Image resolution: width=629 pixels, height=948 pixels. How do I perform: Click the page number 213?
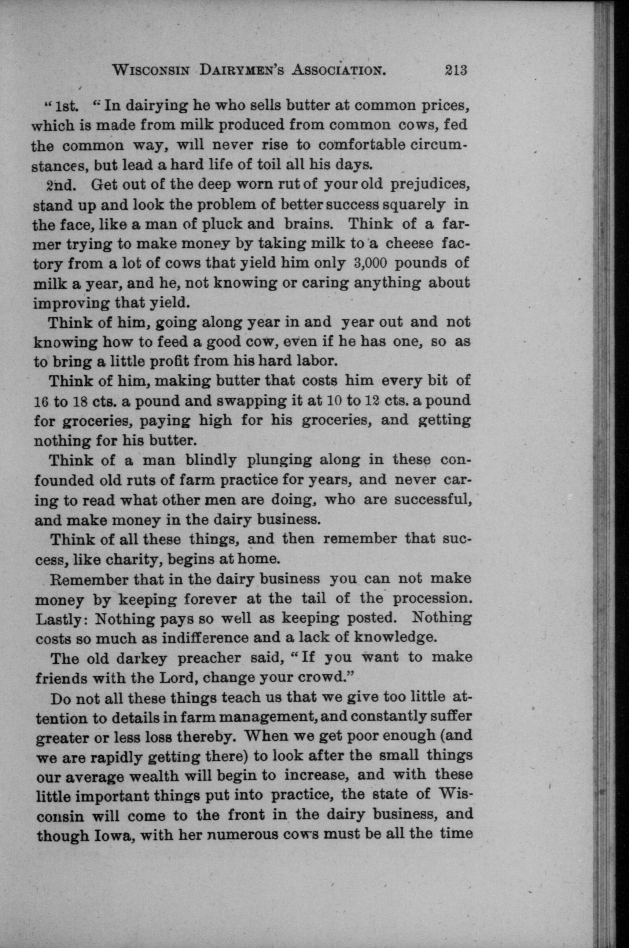tap(456, 71)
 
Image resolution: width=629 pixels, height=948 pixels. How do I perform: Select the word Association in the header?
tap(339, 71)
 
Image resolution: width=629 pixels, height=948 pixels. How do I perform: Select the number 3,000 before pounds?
tap(371, 263)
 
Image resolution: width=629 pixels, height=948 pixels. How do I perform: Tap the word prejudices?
tap(429, 185)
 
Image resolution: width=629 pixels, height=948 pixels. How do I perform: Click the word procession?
tap(430, 599)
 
